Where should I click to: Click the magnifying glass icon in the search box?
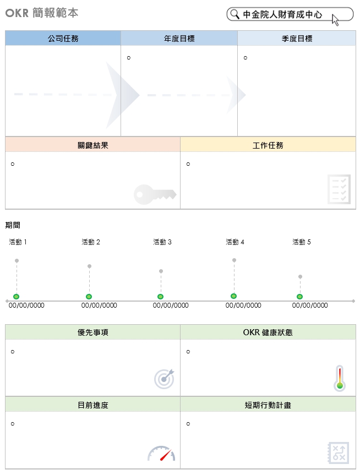[234, 14]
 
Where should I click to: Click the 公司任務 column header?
[63, 39]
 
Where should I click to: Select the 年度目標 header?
[179, 39]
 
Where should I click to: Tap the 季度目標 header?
[297, 39]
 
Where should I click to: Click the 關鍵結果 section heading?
[92, 145]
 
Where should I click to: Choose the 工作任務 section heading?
[268, 145]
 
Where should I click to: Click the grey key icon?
[155, 194]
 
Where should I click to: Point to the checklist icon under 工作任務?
[339, 189]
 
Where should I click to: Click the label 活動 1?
[18, 242]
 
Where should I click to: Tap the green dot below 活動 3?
[160, 297]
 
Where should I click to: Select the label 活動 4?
[235, 242]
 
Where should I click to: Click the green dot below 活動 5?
[299, 297]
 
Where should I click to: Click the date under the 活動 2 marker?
[99, 305]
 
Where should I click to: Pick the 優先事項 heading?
[92, 332]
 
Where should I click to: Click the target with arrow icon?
[165, 379]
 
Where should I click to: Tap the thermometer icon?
[340, 378]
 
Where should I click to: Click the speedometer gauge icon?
[161, 453]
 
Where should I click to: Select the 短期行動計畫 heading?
[268, 405]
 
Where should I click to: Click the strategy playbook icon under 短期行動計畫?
[338, 453]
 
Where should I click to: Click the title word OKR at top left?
[17, 13]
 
